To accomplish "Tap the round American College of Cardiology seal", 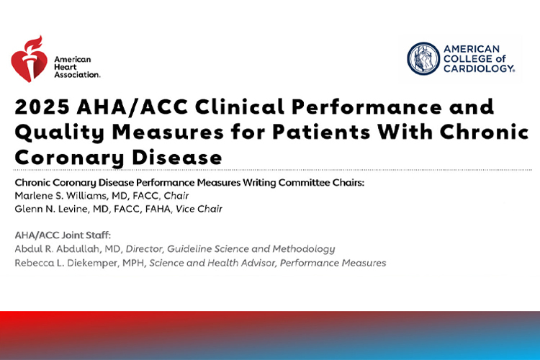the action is pos(423,58).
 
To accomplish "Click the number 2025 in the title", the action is pos(42,107).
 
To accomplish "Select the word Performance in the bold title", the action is pos(366,107).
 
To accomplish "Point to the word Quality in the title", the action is pos(59,133).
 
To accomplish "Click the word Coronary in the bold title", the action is pos(69,158).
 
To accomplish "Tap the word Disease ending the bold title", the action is pos(177,158).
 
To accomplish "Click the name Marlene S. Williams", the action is pos(60,196).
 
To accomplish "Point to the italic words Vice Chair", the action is pos(199,209).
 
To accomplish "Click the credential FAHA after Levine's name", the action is pos(158,209).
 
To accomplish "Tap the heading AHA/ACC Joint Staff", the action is pos(63,235).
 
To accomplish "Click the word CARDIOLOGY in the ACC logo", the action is pos(479,68).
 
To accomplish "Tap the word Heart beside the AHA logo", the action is pos(66,67).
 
